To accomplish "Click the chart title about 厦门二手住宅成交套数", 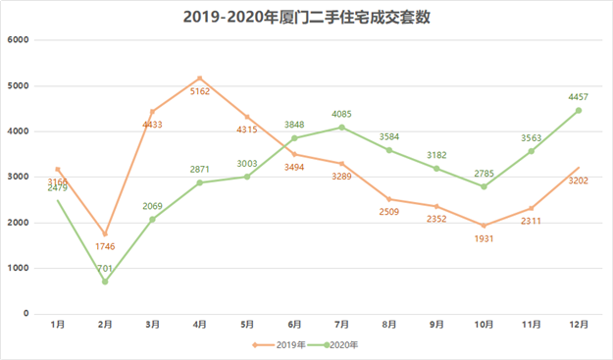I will (x=306, y=17).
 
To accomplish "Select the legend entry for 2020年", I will (x=332, y=344).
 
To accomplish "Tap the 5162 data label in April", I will (x=200, y=92).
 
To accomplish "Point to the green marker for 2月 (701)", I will (x=105, y=282).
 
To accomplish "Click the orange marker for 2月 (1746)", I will (x=105, y=234).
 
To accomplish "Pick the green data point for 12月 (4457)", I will (x=578, y=110).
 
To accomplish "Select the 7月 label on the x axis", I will (x=341, y=323).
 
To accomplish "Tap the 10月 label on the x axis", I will (x=484, y=323).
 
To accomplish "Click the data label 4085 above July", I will (x=342, y=115).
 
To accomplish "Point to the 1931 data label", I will (x=484, y=239).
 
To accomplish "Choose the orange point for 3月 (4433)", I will (x=152, y=112).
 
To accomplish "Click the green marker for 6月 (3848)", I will (x=294, y=138).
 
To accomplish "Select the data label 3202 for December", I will (x=578, y=181).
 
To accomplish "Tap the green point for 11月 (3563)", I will (x=531, y=151).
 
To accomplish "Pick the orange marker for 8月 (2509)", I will (x=389, y=199).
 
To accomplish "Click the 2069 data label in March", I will (x=152, y=207).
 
